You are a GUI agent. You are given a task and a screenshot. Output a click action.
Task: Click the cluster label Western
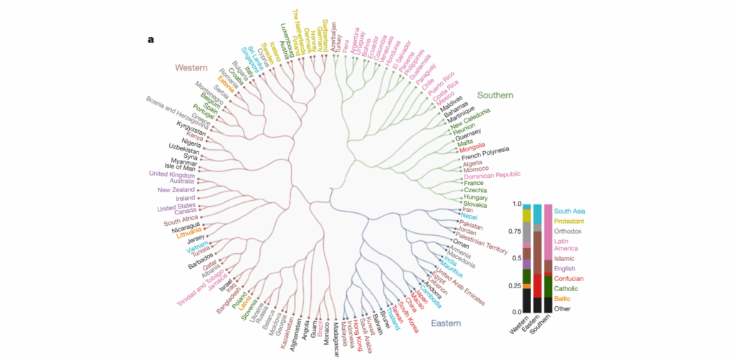point(191,68)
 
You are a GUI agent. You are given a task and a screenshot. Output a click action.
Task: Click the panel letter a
point(151,39)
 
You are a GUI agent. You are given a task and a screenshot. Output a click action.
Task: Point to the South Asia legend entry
point(569,211)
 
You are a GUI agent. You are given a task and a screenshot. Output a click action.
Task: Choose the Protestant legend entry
point(569,222)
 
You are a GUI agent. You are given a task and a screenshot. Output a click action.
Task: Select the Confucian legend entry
point(568,278)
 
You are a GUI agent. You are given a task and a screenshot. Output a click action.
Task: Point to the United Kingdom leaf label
point(172,174)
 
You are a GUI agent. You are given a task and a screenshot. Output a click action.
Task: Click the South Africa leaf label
point(181,222)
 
